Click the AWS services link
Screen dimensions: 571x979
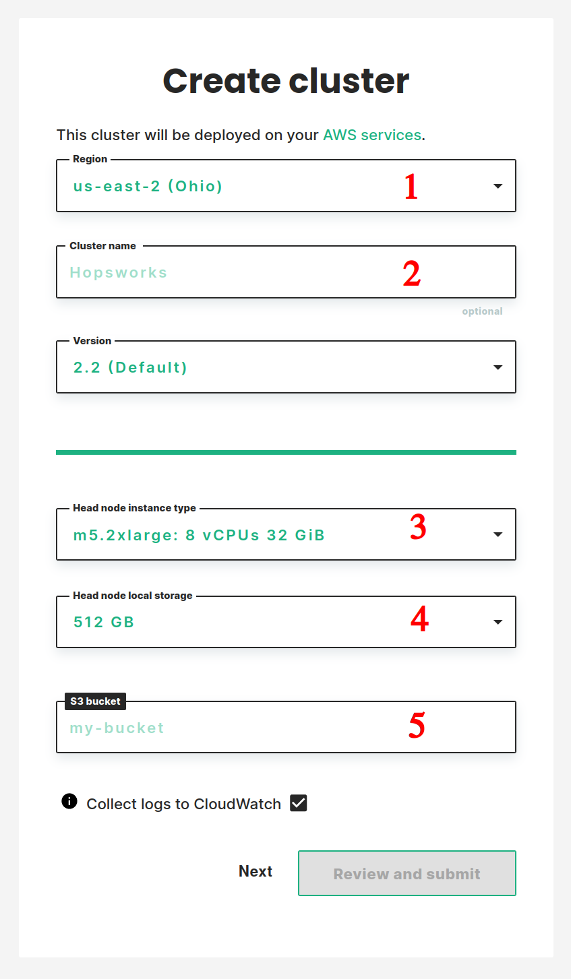coord(372,135)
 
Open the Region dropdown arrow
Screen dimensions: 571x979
coord(498,186)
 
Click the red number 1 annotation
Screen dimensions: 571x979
coord(411,187)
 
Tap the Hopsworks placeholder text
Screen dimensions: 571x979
coord(119,273)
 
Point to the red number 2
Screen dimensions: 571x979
coord(412,274)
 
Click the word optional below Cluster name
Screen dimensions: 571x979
coord(482,311)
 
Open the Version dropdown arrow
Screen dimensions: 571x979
coord(498,367)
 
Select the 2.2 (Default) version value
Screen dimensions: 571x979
coord(130,367)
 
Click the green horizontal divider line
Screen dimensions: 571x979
coord(286,452)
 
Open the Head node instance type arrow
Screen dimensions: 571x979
coord(498,534)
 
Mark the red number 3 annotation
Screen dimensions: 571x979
coord(418,527)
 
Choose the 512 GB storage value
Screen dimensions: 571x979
coord(104,622)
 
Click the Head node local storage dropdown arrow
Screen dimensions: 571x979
coord(498,622)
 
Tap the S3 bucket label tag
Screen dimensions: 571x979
coord(95,701)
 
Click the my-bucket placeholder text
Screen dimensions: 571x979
coord(117,728)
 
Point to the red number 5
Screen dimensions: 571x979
coord(417,725)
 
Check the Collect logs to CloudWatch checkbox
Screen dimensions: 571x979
coord(299,803)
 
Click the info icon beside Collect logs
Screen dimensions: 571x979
coord(69,801)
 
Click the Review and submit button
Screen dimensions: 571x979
coord(407,873)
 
